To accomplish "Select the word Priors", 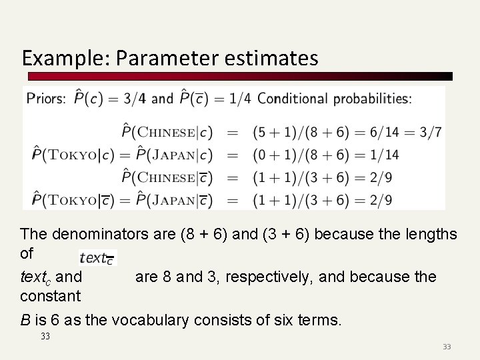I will click(46, 99).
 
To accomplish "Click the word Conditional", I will click(293, 99).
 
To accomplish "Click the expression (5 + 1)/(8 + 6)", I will click(300, 132).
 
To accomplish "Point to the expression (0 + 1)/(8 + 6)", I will click(300, 155).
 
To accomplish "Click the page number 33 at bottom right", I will click(447, 347).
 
